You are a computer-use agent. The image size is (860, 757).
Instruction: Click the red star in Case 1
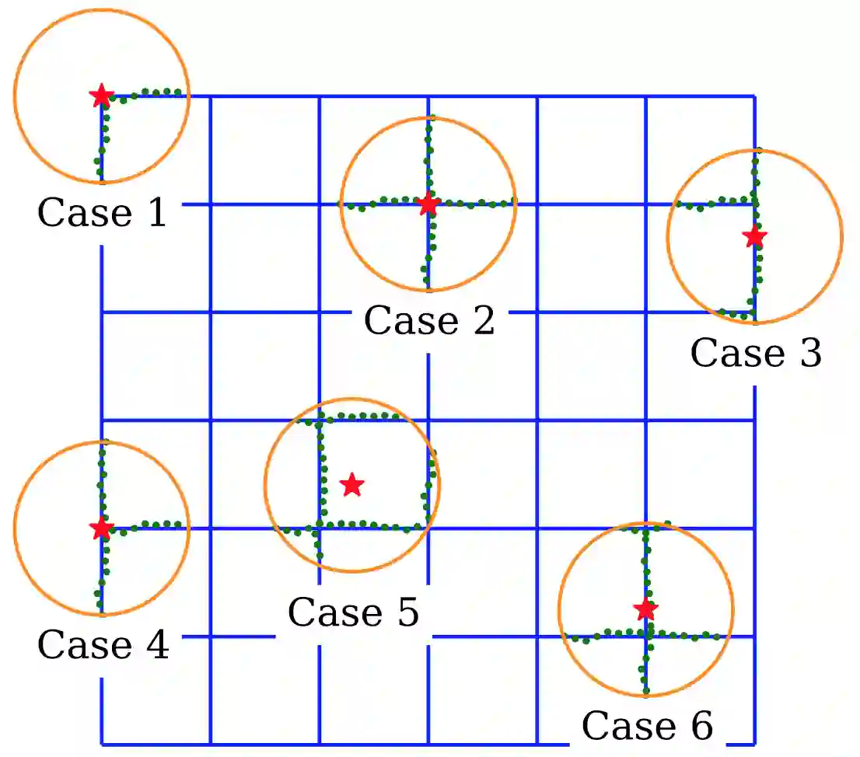coord(101,96)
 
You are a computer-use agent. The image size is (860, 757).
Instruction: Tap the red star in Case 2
coord(428,204)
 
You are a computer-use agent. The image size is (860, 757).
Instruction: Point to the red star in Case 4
coord(101,529)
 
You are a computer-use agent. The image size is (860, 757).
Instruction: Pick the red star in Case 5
coord(352,485)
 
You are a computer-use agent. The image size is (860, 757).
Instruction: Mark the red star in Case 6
coord(645,609)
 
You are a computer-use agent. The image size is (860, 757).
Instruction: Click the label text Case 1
coord(102,212)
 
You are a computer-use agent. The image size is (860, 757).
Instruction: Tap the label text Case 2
coord(429,320)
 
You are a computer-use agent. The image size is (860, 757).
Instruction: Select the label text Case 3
coord(756,353)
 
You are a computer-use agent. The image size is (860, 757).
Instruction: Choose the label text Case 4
coord(103,645)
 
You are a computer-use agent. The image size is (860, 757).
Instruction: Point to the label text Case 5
coord(353,612)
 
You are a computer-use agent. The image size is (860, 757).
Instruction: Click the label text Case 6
coord(647,726)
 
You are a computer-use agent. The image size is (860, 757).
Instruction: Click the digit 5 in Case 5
coord(407,612)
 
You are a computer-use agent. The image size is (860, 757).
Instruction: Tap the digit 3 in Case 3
coord(809,353)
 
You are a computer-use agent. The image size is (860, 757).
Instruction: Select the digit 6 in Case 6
coord(701,726)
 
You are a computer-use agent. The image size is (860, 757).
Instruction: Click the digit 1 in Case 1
coord(156,212)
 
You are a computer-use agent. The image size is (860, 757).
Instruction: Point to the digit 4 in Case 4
coord(156,645)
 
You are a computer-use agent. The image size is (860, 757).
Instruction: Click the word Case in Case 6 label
coord(625,726)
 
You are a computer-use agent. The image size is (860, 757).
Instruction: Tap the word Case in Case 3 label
coord(734,353)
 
